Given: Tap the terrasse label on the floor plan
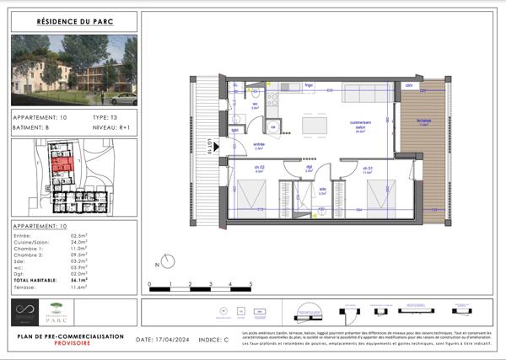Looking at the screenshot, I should pos(423,121).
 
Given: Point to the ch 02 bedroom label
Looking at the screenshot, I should pos(259,169).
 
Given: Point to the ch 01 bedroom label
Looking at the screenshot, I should pos(369,169).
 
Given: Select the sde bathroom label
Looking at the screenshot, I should pos(323,191).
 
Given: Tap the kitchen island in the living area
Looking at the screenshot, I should pos(318,124).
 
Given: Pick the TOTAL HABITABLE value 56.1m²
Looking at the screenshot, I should pos(81,279).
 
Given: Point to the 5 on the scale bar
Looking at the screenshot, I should pos(250,285).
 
